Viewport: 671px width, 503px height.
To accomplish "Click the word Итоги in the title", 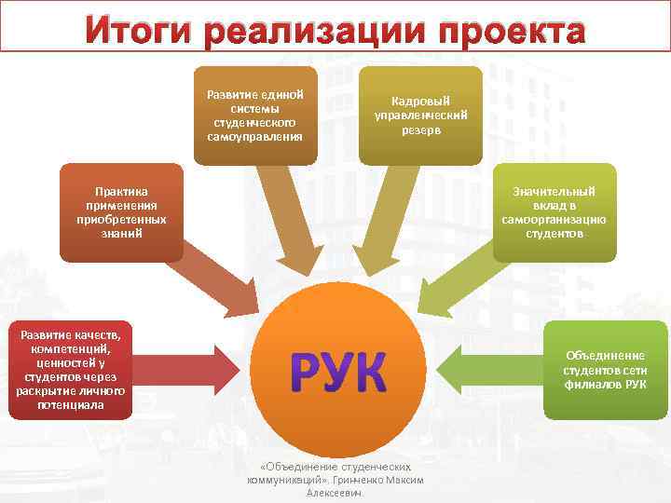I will pos(139,30).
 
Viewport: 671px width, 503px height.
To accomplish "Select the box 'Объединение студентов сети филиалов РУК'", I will pos(604,370).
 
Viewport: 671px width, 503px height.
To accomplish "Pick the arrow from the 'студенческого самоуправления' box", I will pos(289,224).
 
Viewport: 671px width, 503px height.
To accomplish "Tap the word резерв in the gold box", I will pos(421,130).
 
